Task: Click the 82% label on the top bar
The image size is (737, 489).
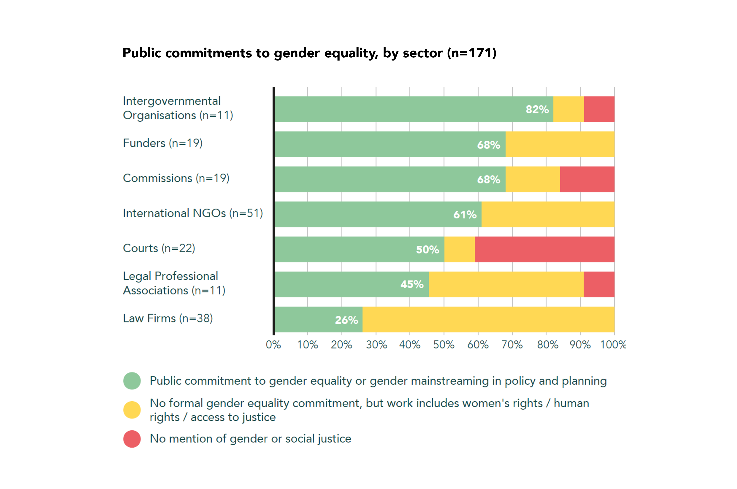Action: [x=537, y=109]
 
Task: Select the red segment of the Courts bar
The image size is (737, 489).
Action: [x=544, y=249]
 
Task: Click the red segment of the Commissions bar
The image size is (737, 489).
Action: [x=587, y=179]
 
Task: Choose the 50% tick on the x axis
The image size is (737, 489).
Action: [x=444, y=345]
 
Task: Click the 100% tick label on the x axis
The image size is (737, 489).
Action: [x=613, y=345]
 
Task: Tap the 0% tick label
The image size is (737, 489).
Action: [x=273, y=345]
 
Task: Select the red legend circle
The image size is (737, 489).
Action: [x=132, y=439]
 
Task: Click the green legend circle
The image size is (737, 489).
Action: [x=132, y=381]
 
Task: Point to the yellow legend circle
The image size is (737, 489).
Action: [x=132, y=410]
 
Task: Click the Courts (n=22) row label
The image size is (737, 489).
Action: [x=159, y=248]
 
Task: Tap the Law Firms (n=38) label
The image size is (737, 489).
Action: [x=168, y=318]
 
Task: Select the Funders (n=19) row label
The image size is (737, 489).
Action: [x=163, y=143]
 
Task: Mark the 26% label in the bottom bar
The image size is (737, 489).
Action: [x=346, y=320]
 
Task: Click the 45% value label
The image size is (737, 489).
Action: [x=412, y=284]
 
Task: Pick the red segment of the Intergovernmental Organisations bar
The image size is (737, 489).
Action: [x=599, y=109]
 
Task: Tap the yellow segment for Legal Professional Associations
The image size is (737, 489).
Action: [x=506, y=284]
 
